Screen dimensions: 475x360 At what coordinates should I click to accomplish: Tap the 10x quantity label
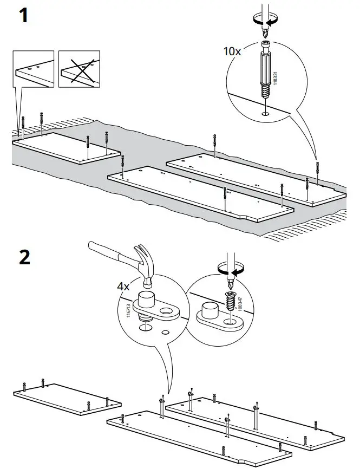232,51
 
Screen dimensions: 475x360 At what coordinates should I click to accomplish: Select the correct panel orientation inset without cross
34,69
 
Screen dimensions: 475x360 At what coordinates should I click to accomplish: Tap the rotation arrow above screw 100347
229,269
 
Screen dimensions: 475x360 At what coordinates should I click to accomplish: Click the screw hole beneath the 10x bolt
265,114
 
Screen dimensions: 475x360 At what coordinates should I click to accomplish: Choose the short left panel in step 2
66,400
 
